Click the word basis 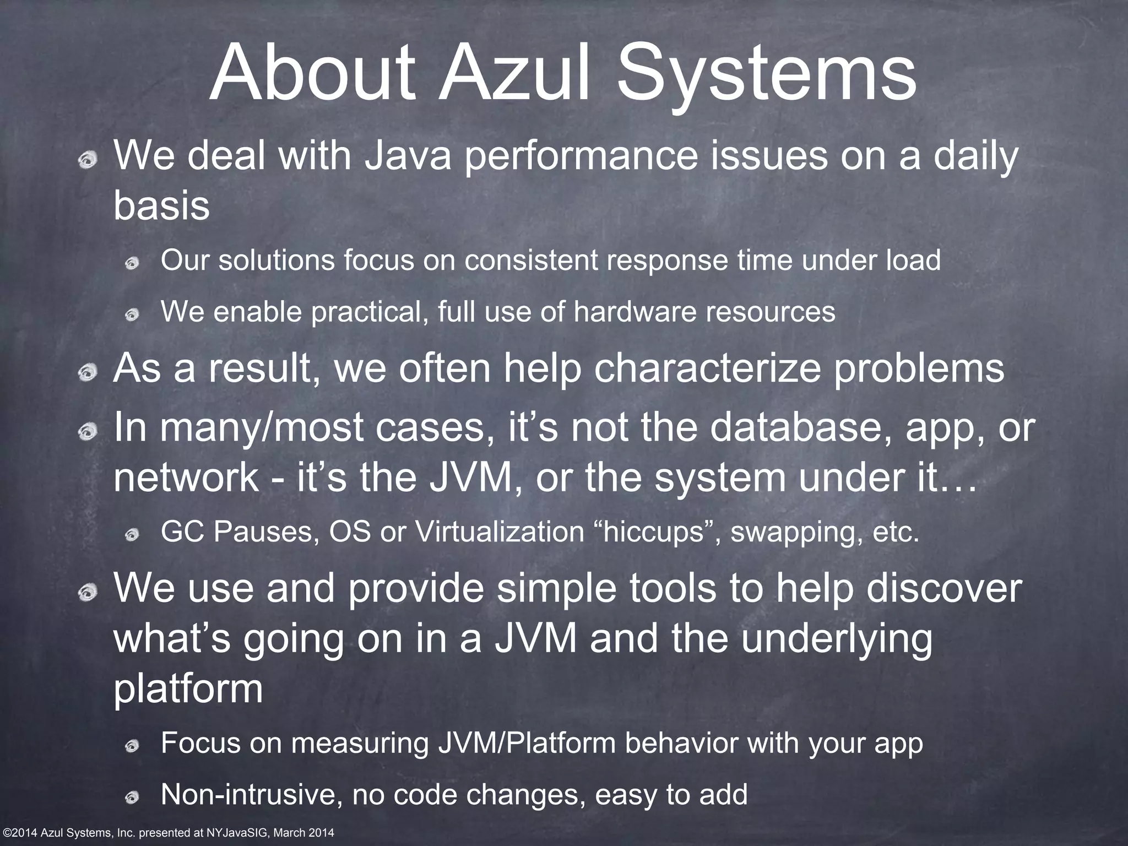tap(161, 206)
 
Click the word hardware tap(636, 312)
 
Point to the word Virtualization tap(499, 532)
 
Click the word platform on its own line tap(188, 688)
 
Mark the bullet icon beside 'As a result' tap(87, 374)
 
